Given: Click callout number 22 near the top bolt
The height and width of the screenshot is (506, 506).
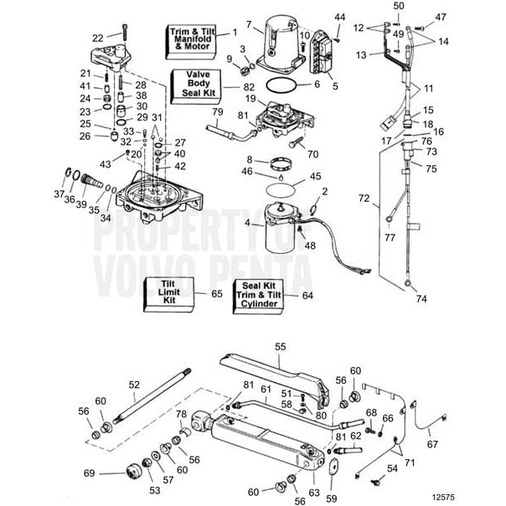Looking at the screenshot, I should point(97,37).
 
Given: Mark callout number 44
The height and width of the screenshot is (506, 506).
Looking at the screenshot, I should point(339,17).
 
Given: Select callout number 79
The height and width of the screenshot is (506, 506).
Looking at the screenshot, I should point(217,111).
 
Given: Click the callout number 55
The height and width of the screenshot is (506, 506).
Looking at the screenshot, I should point(280,345).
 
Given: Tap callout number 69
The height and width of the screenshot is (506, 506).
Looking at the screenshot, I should point(112,474).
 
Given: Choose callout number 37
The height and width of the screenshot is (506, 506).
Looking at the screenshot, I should point(58,194).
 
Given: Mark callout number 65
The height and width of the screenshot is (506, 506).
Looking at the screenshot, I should point(216,295).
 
